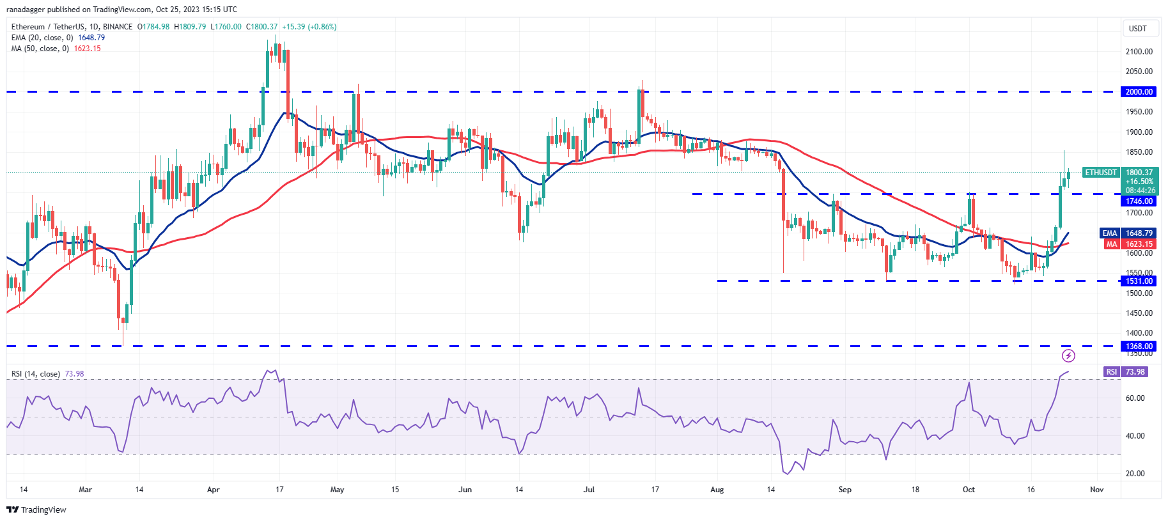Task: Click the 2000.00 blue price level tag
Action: (1139, 92)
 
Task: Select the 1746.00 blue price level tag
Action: (1139, 201)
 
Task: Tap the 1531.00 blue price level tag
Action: (1139, 281)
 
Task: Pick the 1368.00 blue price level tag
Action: (1139, 346)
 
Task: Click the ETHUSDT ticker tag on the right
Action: (1101, 173)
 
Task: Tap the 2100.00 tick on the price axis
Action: (1139, 52)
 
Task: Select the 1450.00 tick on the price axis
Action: (1139, 313)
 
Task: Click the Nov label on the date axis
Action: (1096, 490)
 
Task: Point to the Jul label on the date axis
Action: (589, 490)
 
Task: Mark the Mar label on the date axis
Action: (85, 490)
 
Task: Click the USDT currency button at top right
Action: (1138, 29)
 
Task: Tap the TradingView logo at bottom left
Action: (36, 509)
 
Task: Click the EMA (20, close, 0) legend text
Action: (42, 38)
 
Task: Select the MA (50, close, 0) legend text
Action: (40, 49)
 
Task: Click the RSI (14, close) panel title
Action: (36, 374)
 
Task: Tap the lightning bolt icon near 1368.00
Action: (1068, 355)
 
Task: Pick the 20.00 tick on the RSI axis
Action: (1135, 474)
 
